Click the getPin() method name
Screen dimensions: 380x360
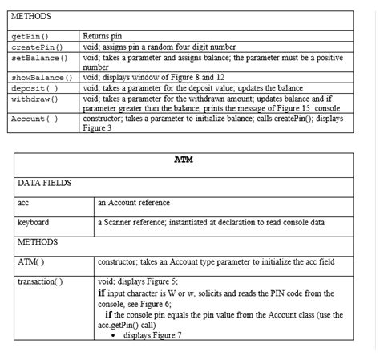[30, 37]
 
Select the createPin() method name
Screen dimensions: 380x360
[37, 47]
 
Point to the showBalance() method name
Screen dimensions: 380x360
[42, 78]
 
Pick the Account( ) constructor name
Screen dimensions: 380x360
[35, 119]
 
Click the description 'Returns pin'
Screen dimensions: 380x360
[103, 37]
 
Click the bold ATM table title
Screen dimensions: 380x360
[184, 160]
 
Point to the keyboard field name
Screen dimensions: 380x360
[34, 222]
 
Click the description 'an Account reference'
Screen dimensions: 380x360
[134, 203]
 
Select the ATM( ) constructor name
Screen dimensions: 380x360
[30, 262]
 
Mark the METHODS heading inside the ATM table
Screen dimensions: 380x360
[38, 242]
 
